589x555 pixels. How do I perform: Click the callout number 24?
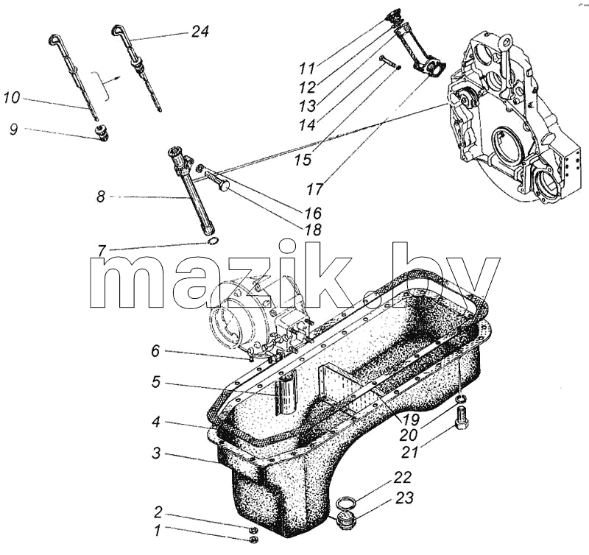pyautogui.click(x=200, y=32)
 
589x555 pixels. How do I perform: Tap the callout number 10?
pyautogui.click(x=11, y=98)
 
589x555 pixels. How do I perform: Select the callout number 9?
pyautogui.click(x=14, y=130)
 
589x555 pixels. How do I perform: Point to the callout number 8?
pyautogui.click(x=101, y=197)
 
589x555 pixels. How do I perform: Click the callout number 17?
pyautogui.click(x=315, y=189)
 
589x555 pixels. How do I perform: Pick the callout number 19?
pyautogui.click(x=411, y=419)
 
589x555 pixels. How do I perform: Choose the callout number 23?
pyautogui.click(x=404, y=498)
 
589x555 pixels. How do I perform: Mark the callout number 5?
pyautogui.click(x=156, y=382)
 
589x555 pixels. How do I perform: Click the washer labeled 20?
pyautogui.click(x=462, y=398)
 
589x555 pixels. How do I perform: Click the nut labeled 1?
pyautogui.click(x=253, y=540)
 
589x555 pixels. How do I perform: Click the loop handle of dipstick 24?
pyautogui.click(x=119, y=29)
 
